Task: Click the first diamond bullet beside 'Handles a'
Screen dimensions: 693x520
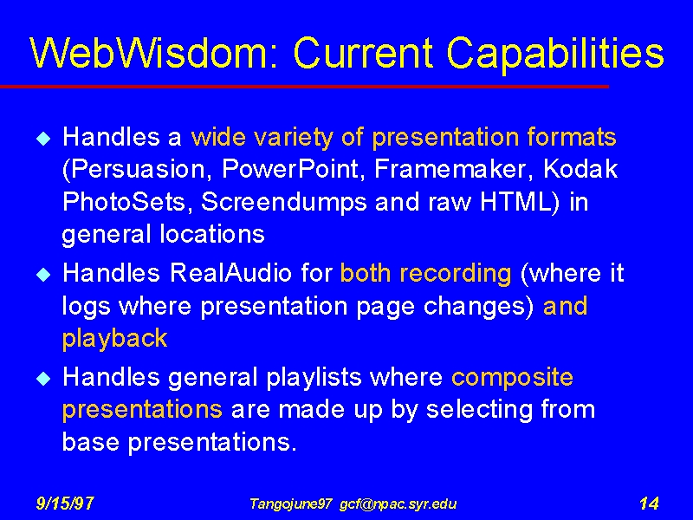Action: click(43, 139)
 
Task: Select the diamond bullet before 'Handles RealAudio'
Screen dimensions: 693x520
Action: click(43, 275)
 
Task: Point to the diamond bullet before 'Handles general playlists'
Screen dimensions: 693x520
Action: click(43, 379)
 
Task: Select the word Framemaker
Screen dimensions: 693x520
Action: click(453, 169)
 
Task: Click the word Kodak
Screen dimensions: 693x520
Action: click(580, 168)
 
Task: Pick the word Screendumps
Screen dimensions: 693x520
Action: click(284, 203)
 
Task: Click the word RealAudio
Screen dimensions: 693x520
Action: click(230, 273)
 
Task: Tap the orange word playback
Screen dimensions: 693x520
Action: click(115, 339)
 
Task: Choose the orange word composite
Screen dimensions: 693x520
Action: click(512, 379)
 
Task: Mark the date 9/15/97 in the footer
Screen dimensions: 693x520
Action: click(64, 504)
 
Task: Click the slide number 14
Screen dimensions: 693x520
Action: click(649, 504)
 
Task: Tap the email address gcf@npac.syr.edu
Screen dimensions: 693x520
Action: click(398, 504)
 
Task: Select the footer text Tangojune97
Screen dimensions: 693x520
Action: click(290, 504)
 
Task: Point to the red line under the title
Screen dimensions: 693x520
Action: click(305, 87)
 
